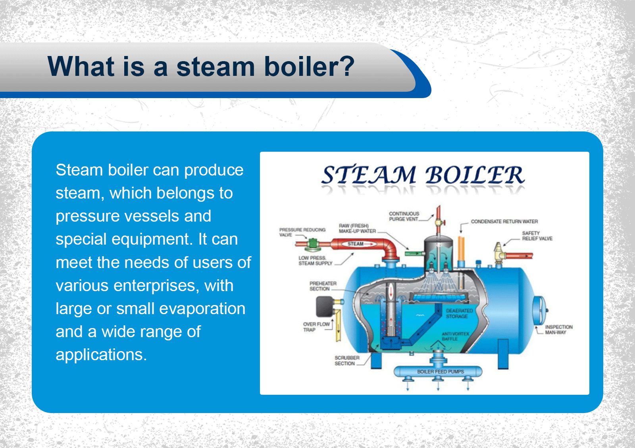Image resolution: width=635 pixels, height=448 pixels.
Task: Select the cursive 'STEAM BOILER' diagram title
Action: point(423,175)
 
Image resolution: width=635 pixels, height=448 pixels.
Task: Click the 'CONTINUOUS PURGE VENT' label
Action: point(404,216)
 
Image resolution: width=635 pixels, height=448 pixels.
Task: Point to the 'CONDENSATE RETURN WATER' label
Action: point(504,222)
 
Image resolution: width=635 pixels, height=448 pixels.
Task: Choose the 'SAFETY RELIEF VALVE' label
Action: point(537,236)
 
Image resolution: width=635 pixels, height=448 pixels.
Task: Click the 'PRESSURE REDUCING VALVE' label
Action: point(302,232)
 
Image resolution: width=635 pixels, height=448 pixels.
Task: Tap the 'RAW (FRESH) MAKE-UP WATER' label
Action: point(357,228)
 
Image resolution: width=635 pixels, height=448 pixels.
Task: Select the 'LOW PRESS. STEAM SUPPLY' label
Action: point(315,261)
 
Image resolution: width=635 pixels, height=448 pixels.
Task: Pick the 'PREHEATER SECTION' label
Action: point(323,286)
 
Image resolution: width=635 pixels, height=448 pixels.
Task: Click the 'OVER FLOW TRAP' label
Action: point(316,327)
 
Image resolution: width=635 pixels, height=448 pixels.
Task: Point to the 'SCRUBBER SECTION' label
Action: point(346,361)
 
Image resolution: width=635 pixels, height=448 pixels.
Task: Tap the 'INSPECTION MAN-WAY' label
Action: point(558,330)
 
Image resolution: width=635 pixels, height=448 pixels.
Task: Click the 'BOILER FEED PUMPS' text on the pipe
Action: point(440,372)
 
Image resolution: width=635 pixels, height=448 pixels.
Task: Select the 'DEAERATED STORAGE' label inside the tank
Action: point(459,313)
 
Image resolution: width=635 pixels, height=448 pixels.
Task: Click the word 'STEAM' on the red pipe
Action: point(356,244)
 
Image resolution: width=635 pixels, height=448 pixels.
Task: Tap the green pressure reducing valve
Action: point(313,244)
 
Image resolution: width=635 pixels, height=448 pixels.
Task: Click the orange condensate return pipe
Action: point(461,250)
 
